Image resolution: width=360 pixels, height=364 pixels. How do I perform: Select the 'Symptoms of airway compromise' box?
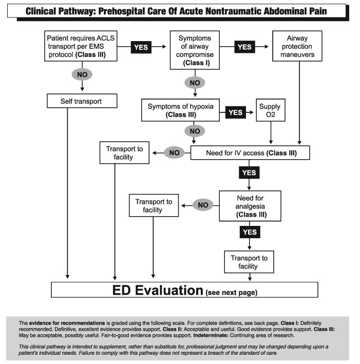pyautogui.click(x=195, y=50)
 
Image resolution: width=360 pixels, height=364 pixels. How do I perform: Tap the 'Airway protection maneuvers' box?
pyautogui.click(x=297, y=46)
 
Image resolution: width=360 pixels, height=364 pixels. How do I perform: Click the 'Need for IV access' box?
pyautogui.click(x=250, y=152)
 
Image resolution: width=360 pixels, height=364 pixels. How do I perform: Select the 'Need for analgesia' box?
pyautogui.click(x=250, y=206)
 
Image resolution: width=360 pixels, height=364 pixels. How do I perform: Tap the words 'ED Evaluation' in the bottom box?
pyautogui.click(x=158, y=290)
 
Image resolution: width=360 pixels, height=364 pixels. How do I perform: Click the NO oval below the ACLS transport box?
pyautogui.click(x=83, y=74)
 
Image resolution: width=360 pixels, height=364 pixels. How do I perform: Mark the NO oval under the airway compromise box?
pyautogui.click(x=194, y=82)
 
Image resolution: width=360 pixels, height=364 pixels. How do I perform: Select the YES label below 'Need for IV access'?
pyautogui.click(x=249, y=173)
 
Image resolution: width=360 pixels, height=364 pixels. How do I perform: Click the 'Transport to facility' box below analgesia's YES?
pyautogui.click(x=249, y=262)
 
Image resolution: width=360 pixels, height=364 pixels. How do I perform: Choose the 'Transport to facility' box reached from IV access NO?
pyautogui.click(x=126, y=152)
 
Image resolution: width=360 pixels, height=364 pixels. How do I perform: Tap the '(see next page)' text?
pyautogui.click(x=231, y=292)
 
